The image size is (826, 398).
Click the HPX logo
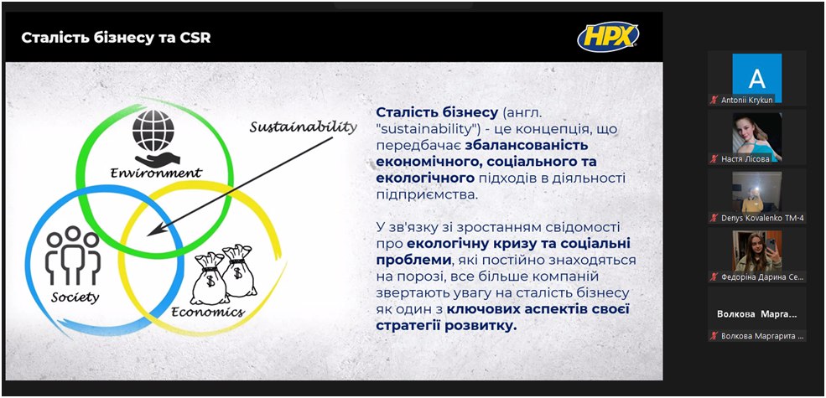[x=609, y=37]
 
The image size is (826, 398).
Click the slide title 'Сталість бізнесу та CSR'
[x=116, y=39]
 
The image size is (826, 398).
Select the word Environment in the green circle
[x=156, y=173]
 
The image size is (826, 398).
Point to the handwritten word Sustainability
[x=303, y=127]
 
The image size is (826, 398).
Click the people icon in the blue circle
[x=73, y=256]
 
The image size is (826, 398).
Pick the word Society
[x=75, y=297]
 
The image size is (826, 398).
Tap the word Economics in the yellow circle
[x=208, y=312]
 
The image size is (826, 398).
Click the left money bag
[x=209, y=278]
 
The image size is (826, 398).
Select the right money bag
[x=239, y=270]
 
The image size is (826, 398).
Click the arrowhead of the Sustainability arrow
[x=154, y=230]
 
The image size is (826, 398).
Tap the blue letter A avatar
[x=757, y=78]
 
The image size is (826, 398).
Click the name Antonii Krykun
[x=747, y=100]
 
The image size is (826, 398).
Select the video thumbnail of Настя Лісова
[x=757, y=137]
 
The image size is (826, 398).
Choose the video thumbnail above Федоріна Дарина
[x=757, y=251]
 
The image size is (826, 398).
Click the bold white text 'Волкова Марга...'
[x=757, y=314]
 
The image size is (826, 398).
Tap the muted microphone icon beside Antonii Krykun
[x=714, y=100]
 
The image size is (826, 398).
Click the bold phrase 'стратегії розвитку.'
[x=447, y=326]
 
